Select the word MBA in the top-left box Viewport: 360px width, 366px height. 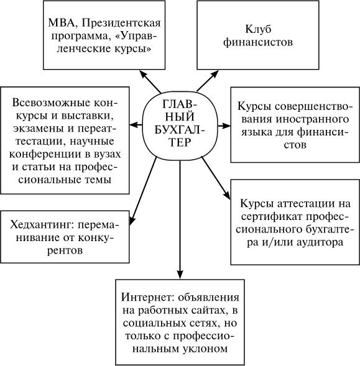tap(61, 24)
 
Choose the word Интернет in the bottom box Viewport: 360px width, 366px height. tap(146, 296)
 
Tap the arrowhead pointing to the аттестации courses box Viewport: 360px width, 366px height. tap(226, 197)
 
